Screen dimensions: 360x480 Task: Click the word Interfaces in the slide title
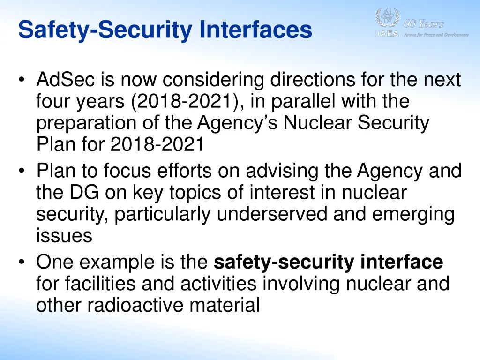click(x=255, y=30)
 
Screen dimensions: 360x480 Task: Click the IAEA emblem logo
click(x=387, y=19)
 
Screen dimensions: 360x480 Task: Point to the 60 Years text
click(x=424, y=24)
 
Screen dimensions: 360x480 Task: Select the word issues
click(x=64, y=235)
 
